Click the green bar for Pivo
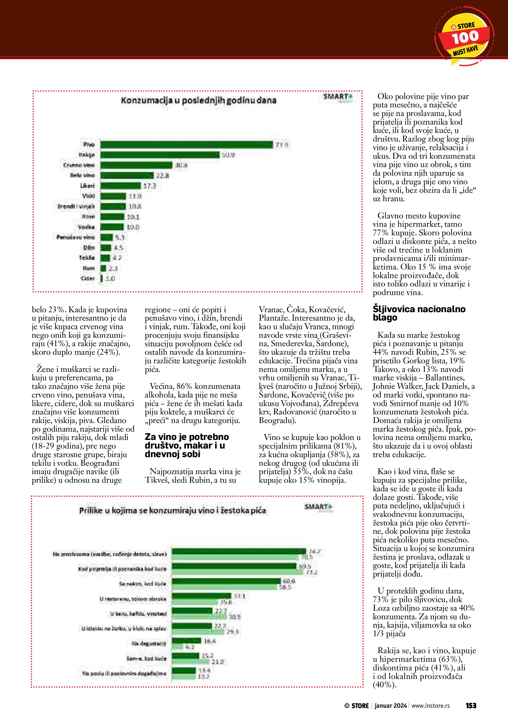[187, 144]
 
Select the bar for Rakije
[160, 155]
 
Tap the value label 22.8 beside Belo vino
[162, 176]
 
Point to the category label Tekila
[87, 258]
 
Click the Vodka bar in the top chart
[112, 227]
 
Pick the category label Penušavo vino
[75, 237]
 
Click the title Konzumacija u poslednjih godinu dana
[199, 100]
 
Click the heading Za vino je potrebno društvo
[187, 445]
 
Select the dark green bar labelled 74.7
[239, 551]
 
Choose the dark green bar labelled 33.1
[202, 596]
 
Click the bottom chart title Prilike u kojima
[172, 511]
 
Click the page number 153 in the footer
[471, 705]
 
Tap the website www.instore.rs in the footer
[430, 705]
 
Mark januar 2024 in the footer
[391, 705]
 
